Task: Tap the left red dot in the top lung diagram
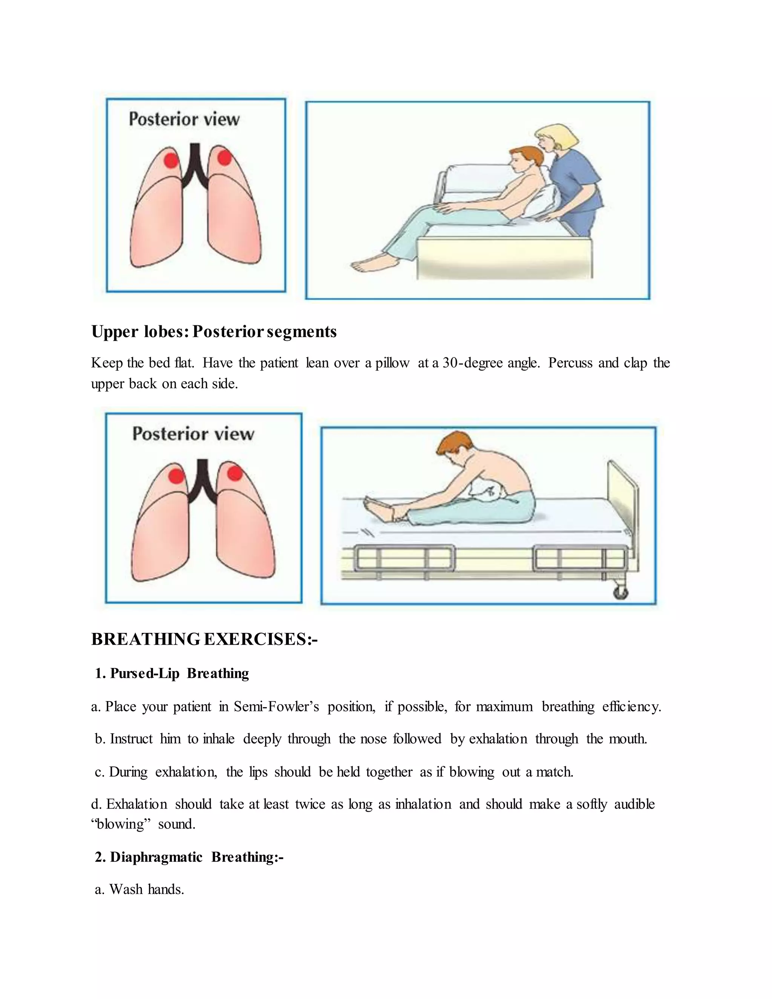171,160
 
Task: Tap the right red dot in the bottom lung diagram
234,473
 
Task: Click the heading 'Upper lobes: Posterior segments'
214,332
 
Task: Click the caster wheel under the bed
620,593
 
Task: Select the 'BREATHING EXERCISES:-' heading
204,639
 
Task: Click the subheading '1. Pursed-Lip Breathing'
172,673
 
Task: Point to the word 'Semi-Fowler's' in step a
276,707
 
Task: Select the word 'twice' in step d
310,804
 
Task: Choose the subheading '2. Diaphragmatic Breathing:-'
189,857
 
